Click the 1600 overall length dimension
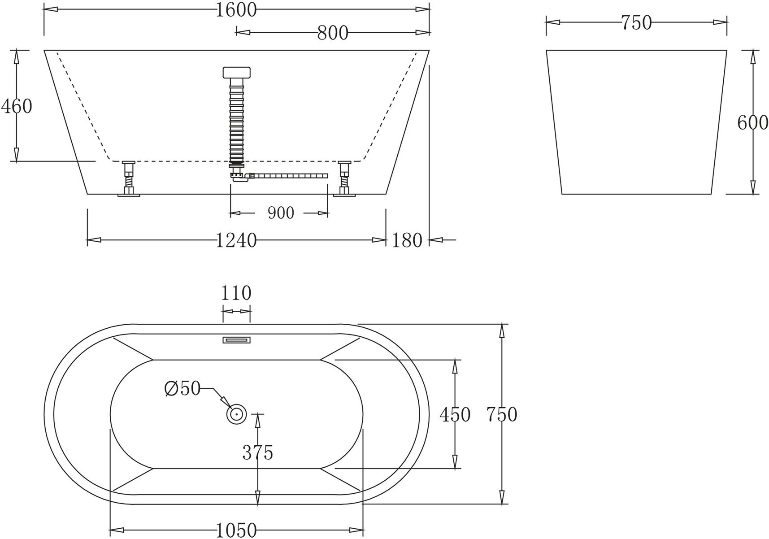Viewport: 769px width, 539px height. (x=236, y=10)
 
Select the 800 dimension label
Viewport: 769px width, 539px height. (x=332, y=33)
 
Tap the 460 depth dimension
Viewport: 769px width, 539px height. (x=17, y=106)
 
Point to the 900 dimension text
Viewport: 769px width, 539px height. (x=281, y=213)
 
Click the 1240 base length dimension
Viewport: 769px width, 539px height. (x=236, y=240)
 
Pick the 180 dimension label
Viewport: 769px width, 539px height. (x=407, y=240)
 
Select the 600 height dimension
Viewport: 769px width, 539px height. (x=752, y=122)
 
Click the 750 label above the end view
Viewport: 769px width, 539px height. (x=636, y=22)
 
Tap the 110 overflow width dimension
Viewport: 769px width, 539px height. (x=236, y=293)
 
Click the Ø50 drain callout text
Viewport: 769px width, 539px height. (x=182, y=388)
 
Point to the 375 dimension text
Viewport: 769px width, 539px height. (x=257, y=452)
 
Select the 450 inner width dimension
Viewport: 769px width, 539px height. (x=455, y=414)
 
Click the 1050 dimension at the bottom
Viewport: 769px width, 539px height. (x=236, y=530)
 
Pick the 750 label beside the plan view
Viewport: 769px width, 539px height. (x=502, y=414)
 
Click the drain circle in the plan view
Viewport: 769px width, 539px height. (x=236, y=414)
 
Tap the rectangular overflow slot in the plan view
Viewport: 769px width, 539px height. (x=236, y=340)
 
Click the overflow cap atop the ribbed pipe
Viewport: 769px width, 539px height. (x=236, y=72)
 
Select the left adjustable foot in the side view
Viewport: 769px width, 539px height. (x=129, y=178)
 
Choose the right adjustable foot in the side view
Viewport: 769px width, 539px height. (x=344, y=178)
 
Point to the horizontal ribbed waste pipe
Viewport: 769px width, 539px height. (x=289, y=176)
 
